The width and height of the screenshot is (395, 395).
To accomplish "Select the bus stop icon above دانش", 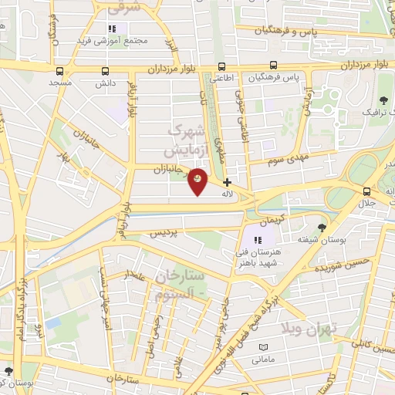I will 105,70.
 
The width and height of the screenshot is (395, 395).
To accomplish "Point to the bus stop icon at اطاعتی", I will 222,67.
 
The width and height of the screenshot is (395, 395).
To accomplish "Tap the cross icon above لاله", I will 227,182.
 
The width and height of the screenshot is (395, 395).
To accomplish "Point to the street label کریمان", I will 262,221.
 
